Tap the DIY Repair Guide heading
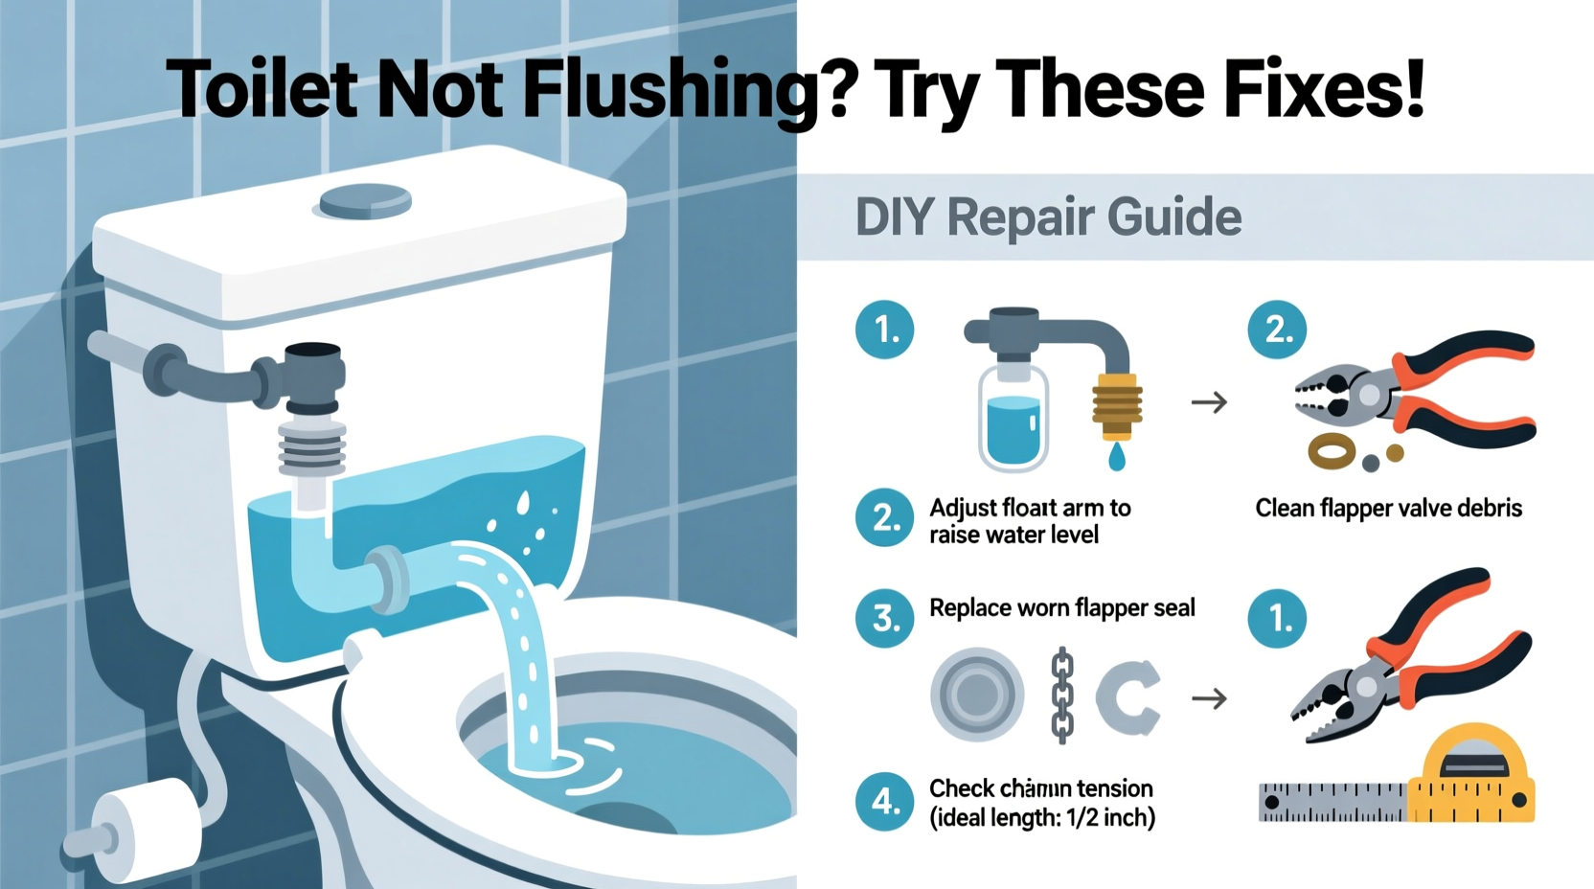(x=1047, y=217)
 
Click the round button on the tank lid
(x=365, y=201)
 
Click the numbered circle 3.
(x=884, y=617)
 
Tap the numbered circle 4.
(x=884, y=800)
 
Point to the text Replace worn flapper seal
(x=1061, y=608)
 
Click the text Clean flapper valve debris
(x=1388, y=508)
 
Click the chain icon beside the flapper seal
(x=1062, y=695)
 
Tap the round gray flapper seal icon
(x=977, y=694)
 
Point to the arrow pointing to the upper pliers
(x=1209, y=402)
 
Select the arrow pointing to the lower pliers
(x=1209, y=698)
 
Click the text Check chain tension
(x=1040, y=788)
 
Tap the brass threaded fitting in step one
(x=1117, y=403)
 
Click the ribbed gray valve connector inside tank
(x=312, y=446)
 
